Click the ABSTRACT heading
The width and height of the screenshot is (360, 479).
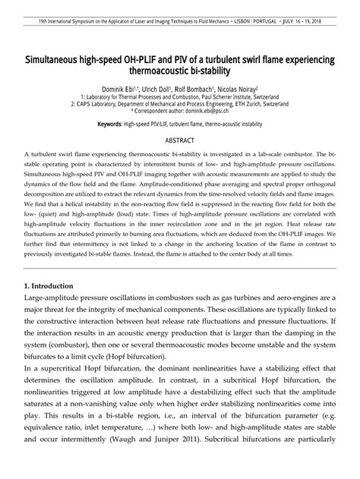(x=180, y=141)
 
